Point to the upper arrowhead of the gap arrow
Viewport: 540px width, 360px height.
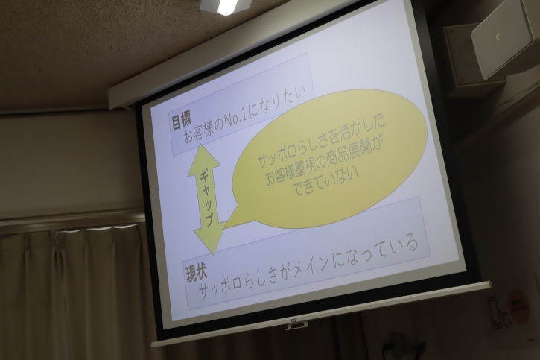pos(203,157)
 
